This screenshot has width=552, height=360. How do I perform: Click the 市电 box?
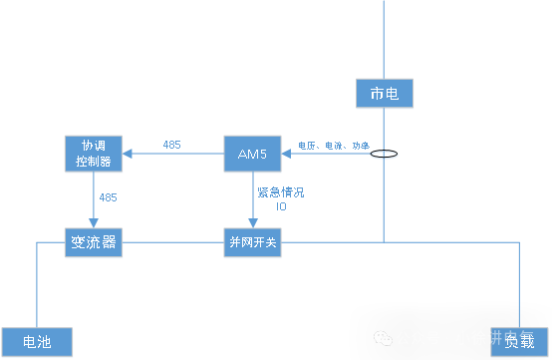[384, 94]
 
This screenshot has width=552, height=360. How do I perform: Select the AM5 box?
[252, 154]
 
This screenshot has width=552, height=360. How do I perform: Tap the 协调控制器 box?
[94, 154]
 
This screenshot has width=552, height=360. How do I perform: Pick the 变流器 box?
[94, 243]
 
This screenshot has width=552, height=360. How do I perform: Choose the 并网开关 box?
[252, 243]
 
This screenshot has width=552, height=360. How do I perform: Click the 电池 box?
[37, 342]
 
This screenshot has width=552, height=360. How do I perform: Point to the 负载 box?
[519, 342]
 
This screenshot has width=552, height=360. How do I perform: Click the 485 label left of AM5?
[171, 146]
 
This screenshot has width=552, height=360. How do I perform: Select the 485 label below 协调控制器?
[108, 197]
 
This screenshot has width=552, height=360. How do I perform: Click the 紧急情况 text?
[280, 191]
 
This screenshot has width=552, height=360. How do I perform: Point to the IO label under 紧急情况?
[281, 205]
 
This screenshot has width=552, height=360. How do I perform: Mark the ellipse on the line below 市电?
[385, 155]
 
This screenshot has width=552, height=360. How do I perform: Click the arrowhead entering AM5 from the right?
[288, 154]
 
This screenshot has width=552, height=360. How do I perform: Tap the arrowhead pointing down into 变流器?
[94, 221]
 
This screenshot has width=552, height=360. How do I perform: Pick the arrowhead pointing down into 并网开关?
[252, 221]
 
